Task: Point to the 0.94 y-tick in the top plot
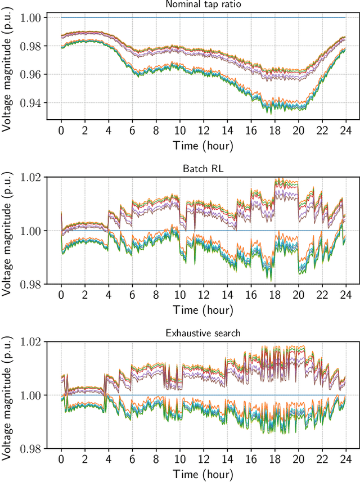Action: click(31, 103)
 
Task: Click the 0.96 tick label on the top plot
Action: click(31, 75)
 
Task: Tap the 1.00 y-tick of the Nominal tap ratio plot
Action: click(31, 18)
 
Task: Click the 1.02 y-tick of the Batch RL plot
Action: click(31, 177)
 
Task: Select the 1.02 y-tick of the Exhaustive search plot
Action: click(31, 341)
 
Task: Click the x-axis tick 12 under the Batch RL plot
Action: click(203, 295)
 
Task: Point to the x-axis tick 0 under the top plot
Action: click(61, 130)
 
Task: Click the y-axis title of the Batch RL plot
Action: click(7, 231)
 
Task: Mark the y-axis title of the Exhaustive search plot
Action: click(7, 395)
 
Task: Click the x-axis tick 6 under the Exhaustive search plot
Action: click(132, 460)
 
